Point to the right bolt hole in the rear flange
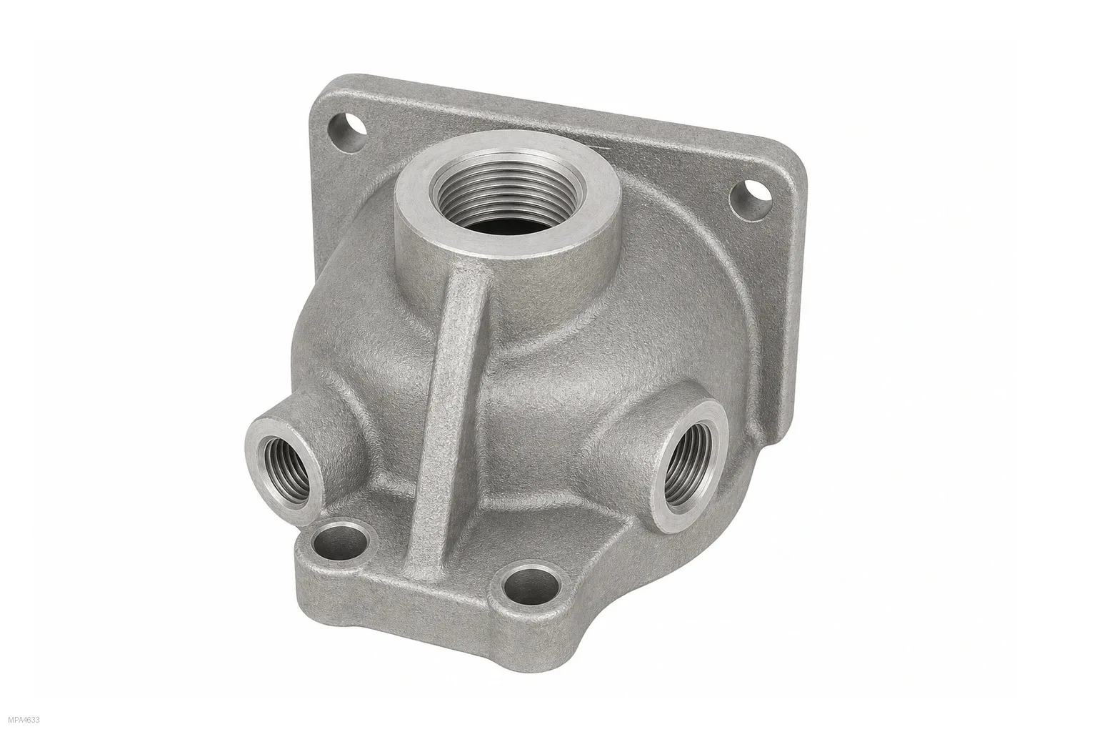(x=751, y=199)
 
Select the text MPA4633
(x=24, y=720)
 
